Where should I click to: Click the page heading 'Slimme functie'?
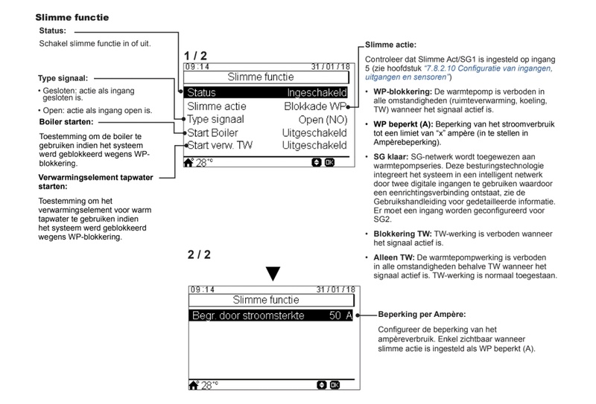pyautogui.click(x=73, y=15)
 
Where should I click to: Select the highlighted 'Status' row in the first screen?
pyautogui.click(x=201, y=93)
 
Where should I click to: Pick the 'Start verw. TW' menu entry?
pyautogui.click(x=221, y=144)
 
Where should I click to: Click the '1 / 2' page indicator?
pyautogui.click(x=197, y=57)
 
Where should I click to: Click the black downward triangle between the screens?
pyautogui.click(x=273, y=273)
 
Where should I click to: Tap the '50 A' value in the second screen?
pyautogui.click(x=339, y=315)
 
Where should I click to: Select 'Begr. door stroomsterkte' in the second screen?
pyautogui.click(x=248, y=315)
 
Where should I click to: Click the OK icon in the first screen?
pyautogui.click(x=328, y=161)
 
